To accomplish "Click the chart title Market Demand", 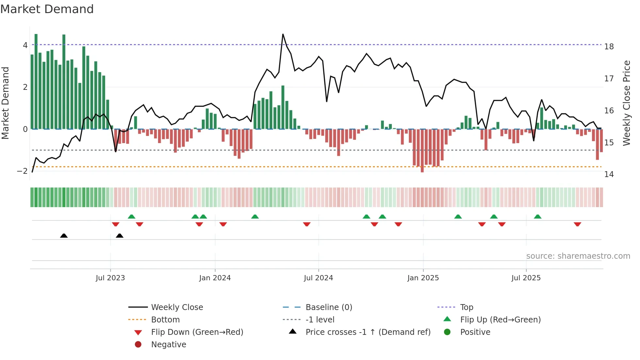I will coord(47,9).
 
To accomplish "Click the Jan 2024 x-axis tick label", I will coord(215,278).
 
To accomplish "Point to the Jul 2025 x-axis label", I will coord(526,278).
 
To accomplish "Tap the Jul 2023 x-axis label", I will coord(110,278).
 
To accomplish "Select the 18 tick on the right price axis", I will coord(609,47).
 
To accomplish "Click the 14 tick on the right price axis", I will coord(609,174).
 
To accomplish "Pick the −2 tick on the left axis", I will coord(22,171).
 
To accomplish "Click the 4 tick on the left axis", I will coord(25,45).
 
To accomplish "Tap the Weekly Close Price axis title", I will coord(626,103).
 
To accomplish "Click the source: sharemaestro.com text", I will coord(578,256).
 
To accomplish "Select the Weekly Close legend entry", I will coord(177,307).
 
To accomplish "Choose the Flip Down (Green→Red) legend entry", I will coord(197,332).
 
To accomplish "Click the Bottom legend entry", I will coord(165,320).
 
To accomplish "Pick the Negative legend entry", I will coord(168,345).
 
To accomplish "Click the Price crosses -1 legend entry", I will coord(368,332).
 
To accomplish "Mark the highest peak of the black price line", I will coord(283,34).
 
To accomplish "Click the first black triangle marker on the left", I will coord(64,236).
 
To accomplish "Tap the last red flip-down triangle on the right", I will coord(577,224).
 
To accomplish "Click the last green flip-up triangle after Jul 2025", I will coord(537,217).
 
